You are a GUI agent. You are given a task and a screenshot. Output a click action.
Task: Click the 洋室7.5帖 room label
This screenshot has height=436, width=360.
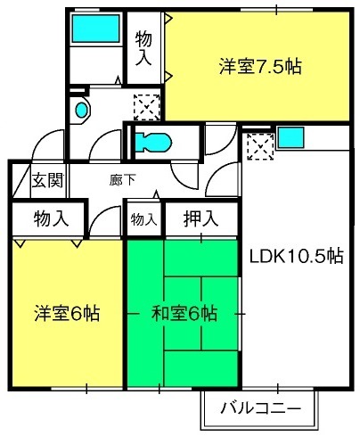pyautogui.click(x=260, y=67)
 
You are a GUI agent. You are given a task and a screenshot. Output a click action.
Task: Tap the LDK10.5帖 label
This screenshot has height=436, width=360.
pyautogui.click(x=296, y=256)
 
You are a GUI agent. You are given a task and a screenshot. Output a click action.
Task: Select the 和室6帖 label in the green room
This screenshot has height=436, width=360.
pyautogui.click(x=184, y=313)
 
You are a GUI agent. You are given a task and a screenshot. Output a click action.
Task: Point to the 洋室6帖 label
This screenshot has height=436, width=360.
pyautogui.click(x=67, y=313)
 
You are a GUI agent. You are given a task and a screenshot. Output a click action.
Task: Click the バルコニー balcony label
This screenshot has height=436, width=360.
pyautogui.click(x=260, y=408)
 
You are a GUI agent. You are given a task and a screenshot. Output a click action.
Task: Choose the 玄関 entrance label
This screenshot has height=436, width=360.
pyautogui.click(x=48, y=180)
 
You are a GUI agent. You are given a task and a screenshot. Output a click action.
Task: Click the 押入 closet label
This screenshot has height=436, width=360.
pyautogui.click(x=200, y=218)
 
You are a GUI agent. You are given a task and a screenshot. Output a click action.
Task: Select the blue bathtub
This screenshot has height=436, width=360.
pyautogui.click(x=95, y=29)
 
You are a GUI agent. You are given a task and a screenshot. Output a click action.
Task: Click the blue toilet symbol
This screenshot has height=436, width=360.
pyautogui.click(x=153, y=142)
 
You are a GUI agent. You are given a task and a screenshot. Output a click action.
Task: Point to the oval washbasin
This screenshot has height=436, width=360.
pyautogui.click(x=82, y=110)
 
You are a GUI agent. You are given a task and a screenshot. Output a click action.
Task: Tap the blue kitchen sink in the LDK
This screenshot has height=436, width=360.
pyautogui.click(x=291, y=137)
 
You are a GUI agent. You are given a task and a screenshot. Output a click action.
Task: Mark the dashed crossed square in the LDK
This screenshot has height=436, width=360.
pyautogui.click(x=260, y=146)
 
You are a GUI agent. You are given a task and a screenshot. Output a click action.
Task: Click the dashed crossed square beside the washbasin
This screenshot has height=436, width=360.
pyautogui.click(x=147, y=107)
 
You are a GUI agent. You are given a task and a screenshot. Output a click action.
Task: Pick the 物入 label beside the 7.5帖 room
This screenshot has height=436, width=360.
pyautogui.click(x=143, y=48)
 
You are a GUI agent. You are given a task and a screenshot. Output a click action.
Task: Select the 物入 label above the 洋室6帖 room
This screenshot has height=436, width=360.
pyautogui.click(x=51, y=218)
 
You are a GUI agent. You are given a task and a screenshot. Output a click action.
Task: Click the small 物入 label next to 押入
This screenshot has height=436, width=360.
pyautogui.click(x=143, y=219)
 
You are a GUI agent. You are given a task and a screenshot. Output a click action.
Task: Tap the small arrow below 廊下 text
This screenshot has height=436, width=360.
pyautogui.click(x=156, y=194)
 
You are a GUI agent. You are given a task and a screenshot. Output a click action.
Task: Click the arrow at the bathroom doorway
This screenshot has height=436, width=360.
pyautogui.click(x=119, y=80)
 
